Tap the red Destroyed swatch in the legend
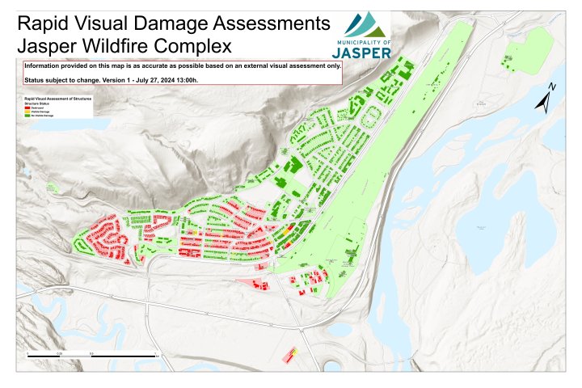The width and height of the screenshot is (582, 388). pyautogui.click(x=28, y=108)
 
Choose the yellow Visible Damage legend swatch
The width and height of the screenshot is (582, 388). pyautogui.click(x=28, y=112)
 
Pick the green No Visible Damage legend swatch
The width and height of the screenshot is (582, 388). pyautogui.click(x=28, y=116)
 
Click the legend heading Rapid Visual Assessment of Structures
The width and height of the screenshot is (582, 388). pyautogui.click(x=58, y=98)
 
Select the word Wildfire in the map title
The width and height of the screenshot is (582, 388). pyautogui.click(x=129, y=45)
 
